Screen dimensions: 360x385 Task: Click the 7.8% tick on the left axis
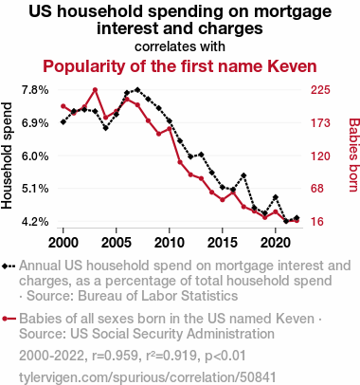coord(35,90)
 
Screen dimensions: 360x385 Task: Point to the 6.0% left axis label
coord(35,156)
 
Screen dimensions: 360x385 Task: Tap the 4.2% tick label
coord(35,222)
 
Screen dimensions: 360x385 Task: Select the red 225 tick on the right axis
coord(320,90)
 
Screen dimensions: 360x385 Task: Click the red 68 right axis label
coord(317,189)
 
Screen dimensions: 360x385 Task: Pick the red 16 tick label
coord(317,222)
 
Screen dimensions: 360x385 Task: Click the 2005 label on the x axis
coord(117,243)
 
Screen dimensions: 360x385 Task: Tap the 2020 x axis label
coord(276,243)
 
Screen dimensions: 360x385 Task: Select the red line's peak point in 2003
coord(95,90)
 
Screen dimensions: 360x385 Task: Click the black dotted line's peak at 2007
coord(137,90)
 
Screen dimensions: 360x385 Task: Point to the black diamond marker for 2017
coord(243,175)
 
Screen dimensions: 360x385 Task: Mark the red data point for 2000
coord(63,106)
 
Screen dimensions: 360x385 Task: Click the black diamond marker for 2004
coord(106,128)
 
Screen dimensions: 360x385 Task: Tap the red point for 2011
coord(180,162)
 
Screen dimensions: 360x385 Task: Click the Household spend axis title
coord(7,156)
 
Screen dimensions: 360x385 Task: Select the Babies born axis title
coord(353,155)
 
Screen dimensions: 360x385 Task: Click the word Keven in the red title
coord(292,66)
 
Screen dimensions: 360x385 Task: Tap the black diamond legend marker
coord(5,266)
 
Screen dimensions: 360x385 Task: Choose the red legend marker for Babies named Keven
coord(5,319)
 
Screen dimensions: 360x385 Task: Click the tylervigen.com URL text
coord(148,377)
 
